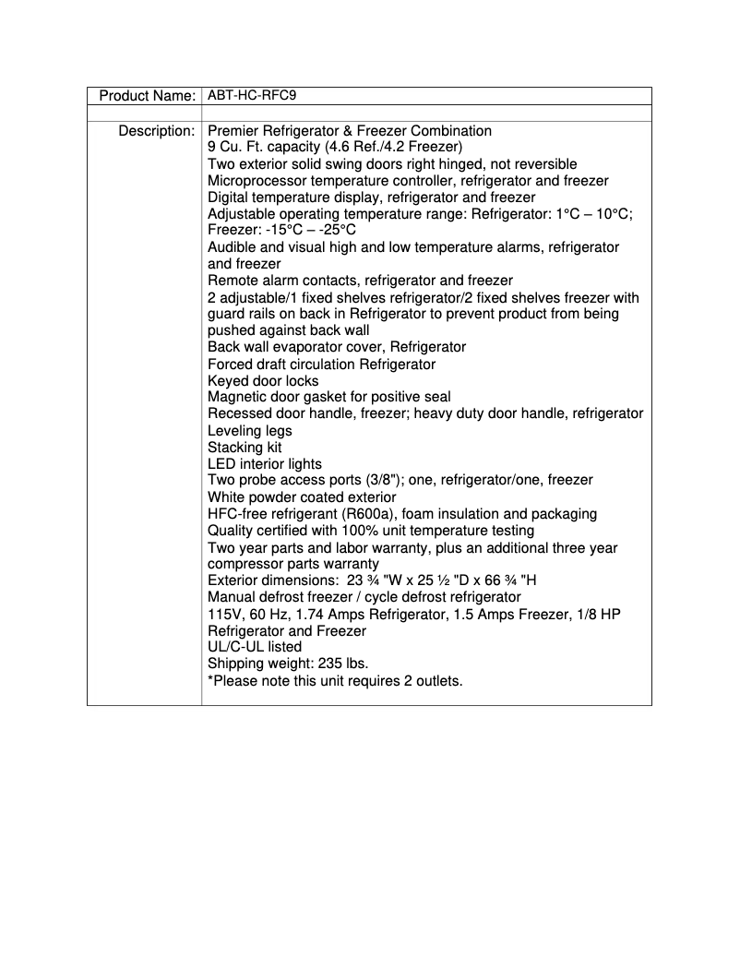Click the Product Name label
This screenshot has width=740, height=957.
click(147, 96)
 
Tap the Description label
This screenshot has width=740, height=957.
click(156, 131)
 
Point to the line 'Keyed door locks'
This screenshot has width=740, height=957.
click(263, 381)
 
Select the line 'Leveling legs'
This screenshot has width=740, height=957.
click(249, 431)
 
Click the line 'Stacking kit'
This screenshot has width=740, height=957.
click(245, 448)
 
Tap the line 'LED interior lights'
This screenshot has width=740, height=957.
click(265, 464)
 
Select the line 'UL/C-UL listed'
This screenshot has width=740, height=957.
click(255, 648)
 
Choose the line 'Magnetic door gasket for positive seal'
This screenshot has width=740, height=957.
click(329, 398)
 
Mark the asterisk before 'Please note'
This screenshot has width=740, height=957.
click(210, 680)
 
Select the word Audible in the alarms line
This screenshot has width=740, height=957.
click(233, 247)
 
